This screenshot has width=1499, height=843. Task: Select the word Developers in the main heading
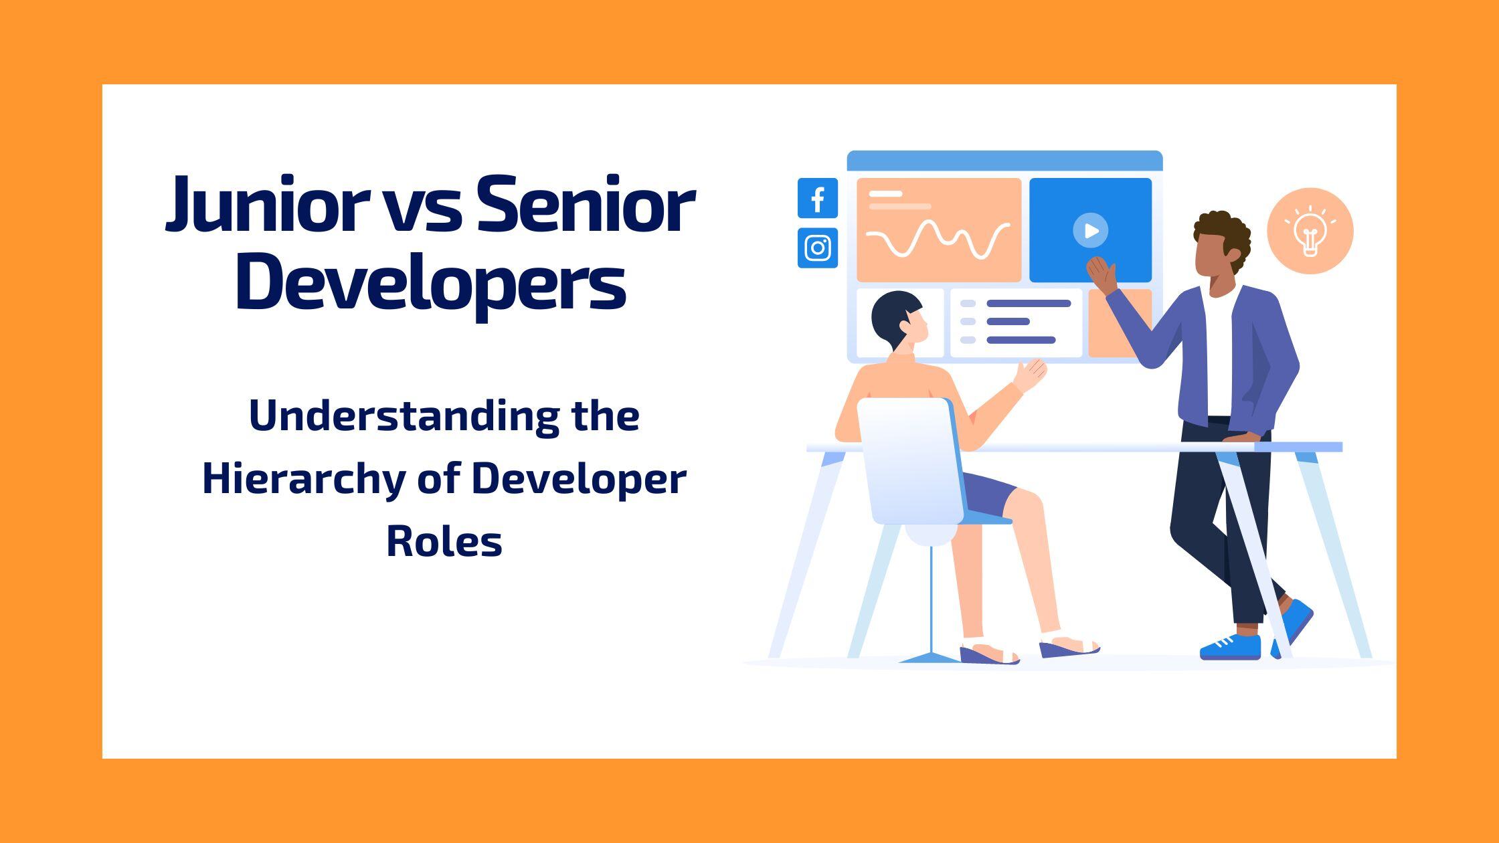pyautogui.click(x=431, y=282)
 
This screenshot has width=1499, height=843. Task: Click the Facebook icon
pyautogui.click(x=817, y=198)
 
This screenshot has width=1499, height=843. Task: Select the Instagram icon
pyautogui.click(x=817, y=248)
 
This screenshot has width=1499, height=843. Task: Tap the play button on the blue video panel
pyautogui.click(x=1090, y=230)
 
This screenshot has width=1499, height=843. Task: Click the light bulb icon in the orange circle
pyautogui.click(x=1310, y=231)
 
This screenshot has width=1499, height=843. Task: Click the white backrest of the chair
pyautogui.click(x=910, y=462)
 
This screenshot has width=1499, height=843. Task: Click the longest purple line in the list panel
pyautogui.click(x=1029, y=303)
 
